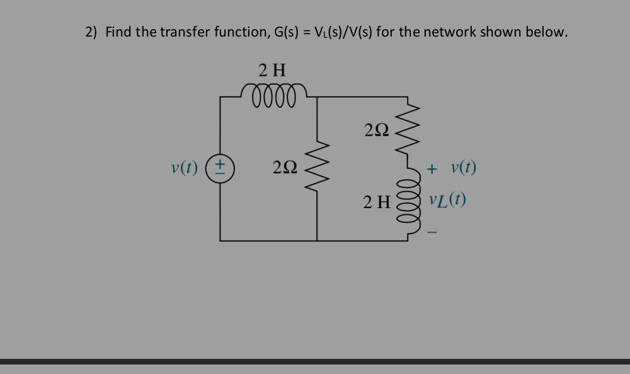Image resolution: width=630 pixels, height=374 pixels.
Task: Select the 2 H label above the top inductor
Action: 272,69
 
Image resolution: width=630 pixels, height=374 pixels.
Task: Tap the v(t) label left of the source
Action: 185,168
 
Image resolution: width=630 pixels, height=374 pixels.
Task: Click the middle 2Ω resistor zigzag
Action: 316,168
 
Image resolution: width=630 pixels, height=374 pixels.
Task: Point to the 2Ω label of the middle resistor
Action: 285,168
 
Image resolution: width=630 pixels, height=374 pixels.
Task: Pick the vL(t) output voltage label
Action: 447,201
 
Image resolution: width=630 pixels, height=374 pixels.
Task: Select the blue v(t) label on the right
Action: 464,168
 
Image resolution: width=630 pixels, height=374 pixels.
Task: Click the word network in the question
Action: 449,32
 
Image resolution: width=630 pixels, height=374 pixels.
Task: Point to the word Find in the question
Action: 118,32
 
